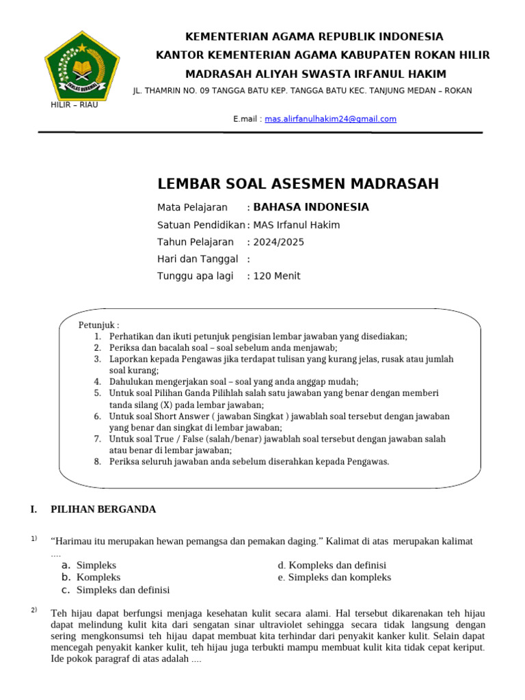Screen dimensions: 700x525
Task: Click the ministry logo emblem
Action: click(x=82, y=66)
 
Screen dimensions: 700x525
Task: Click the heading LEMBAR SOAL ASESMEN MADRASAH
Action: click(x=298, y=183)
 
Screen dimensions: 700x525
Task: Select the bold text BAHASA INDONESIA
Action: click(x=311, y=207)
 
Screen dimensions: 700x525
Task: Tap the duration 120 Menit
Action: click(x=277, y=276)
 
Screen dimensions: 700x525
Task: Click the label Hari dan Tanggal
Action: click(x=198, y=259)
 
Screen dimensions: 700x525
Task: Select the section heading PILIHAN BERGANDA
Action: click(x=103, y=509)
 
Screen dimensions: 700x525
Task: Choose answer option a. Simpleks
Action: click(x=96, y=565)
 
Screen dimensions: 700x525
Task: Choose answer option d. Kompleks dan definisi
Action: click(x=332, y=565)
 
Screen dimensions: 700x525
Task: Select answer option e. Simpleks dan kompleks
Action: click(x=334, y=578)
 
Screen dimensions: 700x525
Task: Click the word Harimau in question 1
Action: click(x=74, y=541)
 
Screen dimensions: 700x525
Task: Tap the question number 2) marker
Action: click(x=34, y=610)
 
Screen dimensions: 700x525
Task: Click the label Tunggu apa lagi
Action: click(x=195, y=276)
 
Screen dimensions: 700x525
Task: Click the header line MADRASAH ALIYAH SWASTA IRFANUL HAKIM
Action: click(x=316, y=74)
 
